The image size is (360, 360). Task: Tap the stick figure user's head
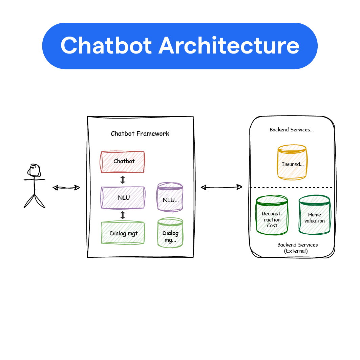(x=34, y=170)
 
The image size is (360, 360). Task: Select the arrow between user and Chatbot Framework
(x=66, y=188)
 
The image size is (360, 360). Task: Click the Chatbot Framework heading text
(x=140, y=133)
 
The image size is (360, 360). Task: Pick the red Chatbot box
(x=123, y=162)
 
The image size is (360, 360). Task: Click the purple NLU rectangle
(x=123, y=197)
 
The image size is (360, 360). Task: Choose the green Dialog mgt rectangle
(x=123, y=233)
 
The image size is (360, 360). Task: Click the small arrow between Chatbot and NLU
(x=123, y=180)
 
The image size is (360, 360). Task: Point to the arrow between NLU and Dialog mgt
(x=123, y=215)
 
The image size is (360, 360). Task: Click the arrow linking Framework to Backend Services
(x=221, y=187)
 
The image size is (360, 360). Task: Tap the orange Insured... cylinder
(x=292, y=163)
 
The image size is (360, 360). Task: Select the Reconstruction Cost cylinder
(x=272, y=215)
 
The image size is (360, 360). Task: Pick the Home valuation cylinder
(x=314, y=215)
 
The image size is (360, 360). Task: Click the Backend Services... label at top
(x=291, y=130)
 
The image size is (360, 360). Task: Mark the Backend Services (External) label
(x=297, y=248)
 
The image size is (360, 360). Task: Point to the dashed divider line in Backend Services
(x=291, y=188)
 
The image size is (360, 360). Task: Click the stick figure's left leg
(x=29, y=202)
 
